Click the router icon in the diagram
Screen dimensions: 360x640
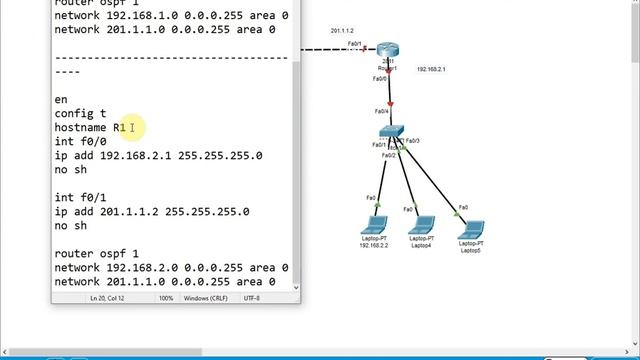pyautogui.click(x=389, y=51)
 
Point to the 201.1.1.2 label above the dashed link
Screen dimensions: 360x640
pyautogui.click(x=344, y=32)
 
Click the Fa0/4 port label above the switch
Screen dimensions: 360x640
pyautogui.click(x=382, y=111)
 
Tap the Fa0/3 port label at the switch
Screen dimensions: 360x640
pyautogui.click(x=412, y=141)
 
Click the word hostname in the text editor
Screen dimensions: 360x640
pyautogui.click(x=81, y=128)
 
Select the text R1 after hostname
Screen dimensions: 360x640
pyautogui.click(x=120, y=128)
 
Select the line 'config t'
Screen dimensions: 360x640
pyautogui.click(x=80, y=114)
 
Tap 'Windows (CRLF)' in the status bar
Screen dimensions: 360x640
pyautogui.click(x=206, y=298)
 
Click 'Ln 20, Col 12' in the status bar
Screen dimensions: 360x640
pyautogui.click(x=108, y=298)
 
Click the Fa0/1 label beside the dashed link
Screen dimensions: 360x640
pyautogui.click(x=354, y=45)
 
